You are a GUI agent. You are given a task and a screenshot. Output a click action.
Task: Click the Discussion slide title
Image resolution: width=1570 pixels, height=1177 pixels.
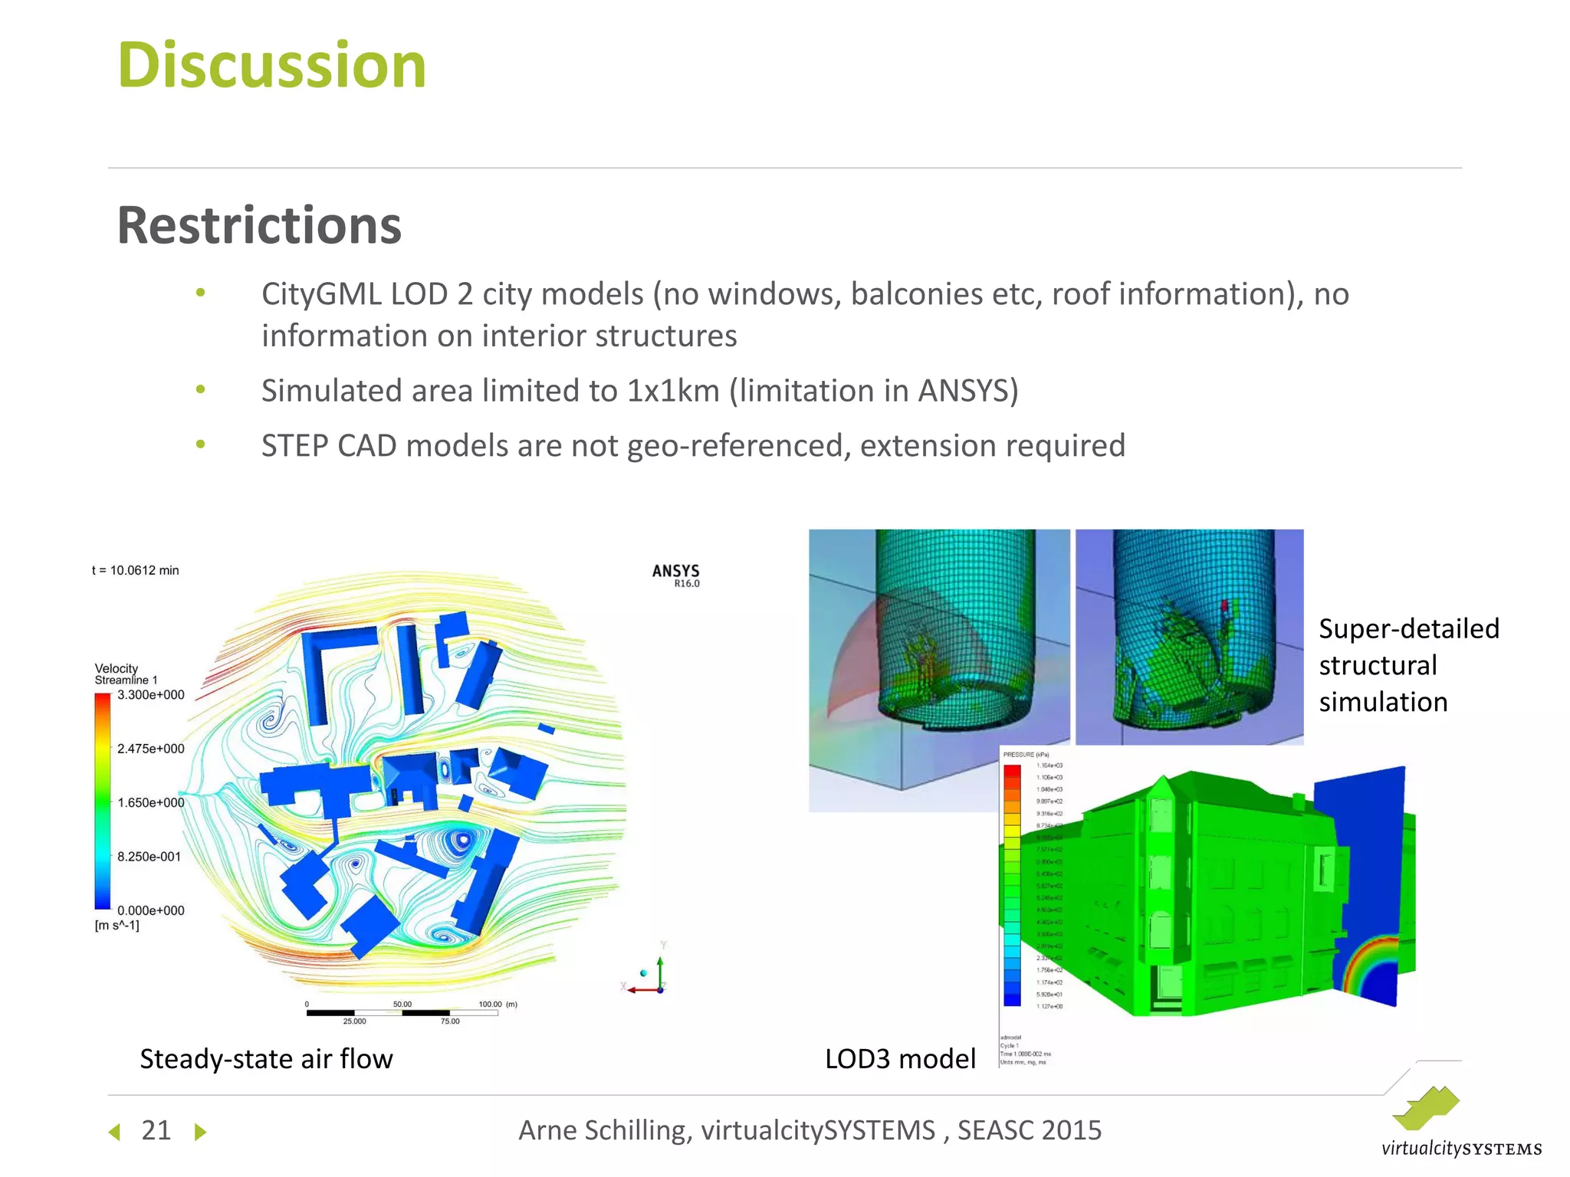point(271,66)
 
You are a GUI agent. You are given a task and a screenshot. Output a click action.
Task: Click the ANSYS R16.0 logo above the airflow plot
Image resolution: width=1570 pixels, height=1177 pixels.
point(675,575)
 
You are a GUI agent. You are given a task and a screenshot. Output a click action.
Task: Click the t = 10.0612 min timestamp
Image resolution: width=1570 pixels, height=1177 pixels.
point(136,570)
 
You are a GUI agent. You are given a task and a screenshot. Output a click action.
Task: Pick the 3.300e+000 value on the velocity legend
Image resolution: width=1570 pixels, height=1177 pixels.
point(150,695)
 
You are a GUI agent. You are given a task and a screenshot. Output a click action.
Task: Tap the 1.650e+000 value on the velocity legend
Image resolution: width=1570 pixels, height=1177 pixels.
point(150,803)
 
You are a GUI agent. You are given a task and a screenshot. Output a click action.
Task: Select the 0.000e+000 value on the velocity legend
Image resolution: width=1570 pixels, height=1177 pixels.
point(150,910)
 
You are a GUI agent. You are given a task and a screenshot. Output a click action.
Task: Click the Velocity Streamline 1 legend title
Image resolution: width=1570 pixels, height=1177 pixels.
point(125,674)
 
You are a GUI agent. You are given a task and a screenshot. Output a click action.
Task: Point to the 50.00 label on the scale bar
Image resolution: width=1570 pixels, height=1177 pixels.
point(402,1004)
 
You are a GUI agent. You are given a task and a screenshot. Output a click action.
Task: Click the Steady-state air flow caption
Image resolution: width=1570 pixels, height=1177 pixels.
point(266,1059)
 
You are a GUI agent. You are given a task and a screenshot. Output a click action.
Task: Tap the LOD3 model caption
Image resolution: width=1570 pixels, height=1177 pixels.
point(900,1059)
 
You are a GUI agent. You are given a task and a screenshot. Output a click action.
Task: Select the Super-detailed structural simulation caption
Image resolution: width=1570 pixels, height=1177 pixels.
point(1407,665)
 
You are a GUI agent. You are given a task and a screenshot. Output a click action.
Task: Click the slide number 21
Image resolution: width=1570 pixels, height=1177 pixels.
point(156,1130)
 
